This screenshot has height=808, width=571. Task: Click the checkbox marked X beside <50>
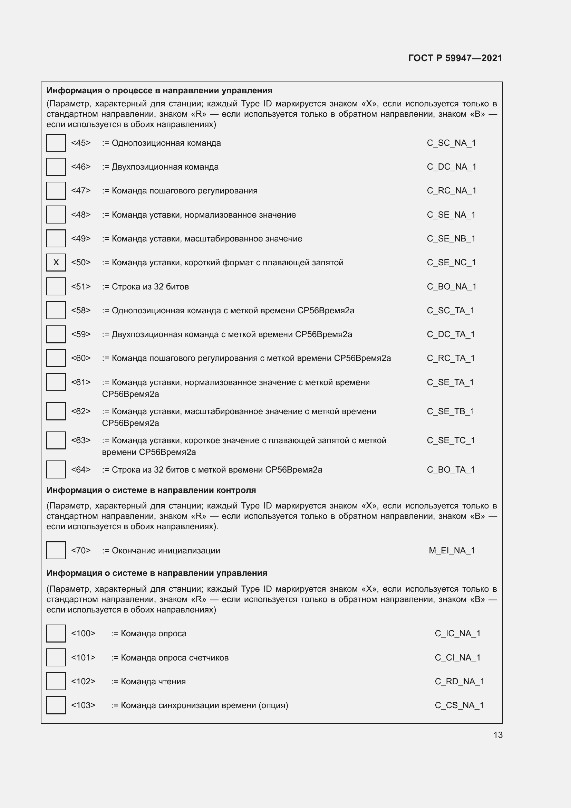(56, 263)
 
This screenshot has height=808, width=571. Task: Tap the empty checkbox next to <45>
(56, 143)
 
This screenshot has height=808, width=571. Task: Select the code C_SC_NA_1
(451, 143)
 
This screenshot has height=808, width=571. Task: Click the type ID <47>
(81, 191)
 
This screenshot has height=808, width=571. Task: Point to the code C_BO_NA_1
(452, 287)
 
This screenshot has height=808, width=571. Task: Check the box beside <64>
(56, 469)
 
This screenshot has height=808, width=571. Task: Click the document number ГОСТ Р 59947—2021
(455, 58)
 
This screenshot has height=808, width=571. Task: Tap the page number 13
(498, 735)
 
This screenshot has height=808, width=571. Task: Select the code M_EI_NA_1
(452, 550)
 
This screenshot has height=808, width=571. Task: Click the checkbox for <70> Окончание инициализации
(56, 550)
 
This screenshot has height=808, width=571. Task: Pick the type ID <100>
(83, 634)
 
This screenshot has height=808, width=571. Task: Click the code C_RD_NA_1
(459, 681)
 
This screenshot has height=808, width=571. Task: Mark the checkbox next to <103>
(56, 705)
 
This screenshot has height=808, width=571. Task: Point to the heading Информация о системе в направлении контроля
(151, 490)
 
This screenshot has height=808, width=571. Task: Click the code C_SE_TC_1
(451, 440)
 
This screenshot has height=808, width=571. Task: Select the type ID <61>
(81, 382)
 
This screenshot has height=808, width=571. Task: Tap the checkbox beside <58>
(56, 311)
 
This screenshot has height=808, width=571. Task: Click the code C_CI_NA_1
(457, 657)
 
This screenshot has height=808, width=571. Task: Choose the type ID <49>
(81, 239)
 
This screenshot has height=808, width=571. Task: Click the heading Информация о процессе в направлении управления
(159, 91)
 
